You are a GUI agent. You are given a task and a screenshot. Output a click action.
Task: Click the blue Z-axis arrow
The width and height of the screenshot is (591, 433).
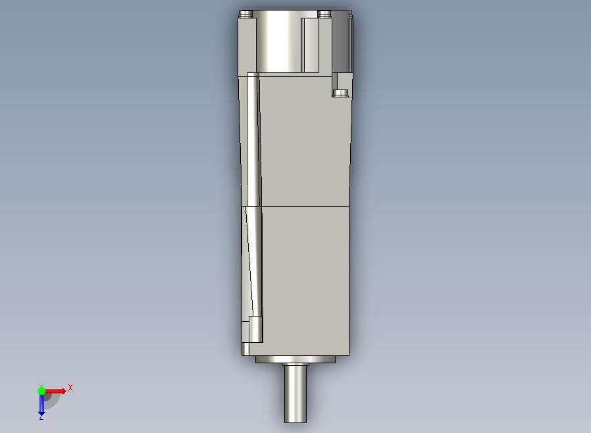[x=41, y=403]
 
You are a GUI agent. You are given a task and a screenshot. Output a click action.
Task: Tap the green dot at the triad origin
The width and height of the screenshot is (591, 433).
[x=41, y=391]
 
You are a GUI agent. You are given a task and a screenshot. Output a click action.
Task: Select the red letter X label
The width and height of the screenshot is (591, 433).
[x=70, y=388]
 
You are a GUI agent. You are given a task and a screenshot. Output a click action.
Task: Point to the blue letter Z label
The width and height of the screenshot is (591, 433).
[x=41, y=417]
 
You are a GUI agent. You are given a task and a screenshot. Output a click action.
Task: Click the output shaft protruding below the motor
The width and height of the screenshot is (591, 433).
[x=295, y=393]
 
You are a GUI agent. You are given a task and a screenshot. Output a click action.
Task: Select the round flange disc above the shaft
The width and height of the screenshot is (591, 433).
[x=295, y=359]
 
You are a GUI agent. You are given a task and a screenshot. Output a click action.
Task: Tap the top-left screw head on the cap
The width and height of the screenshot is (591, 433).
[x=245, y=14]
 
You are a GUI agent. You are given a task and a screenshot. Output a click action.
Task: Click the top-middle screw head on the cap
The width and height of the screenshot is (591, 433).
[x=324, y=14]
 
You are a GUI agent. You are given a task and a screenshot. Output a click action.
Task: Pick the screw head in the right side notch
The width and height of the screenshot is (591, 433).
[x=341, y=93]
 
